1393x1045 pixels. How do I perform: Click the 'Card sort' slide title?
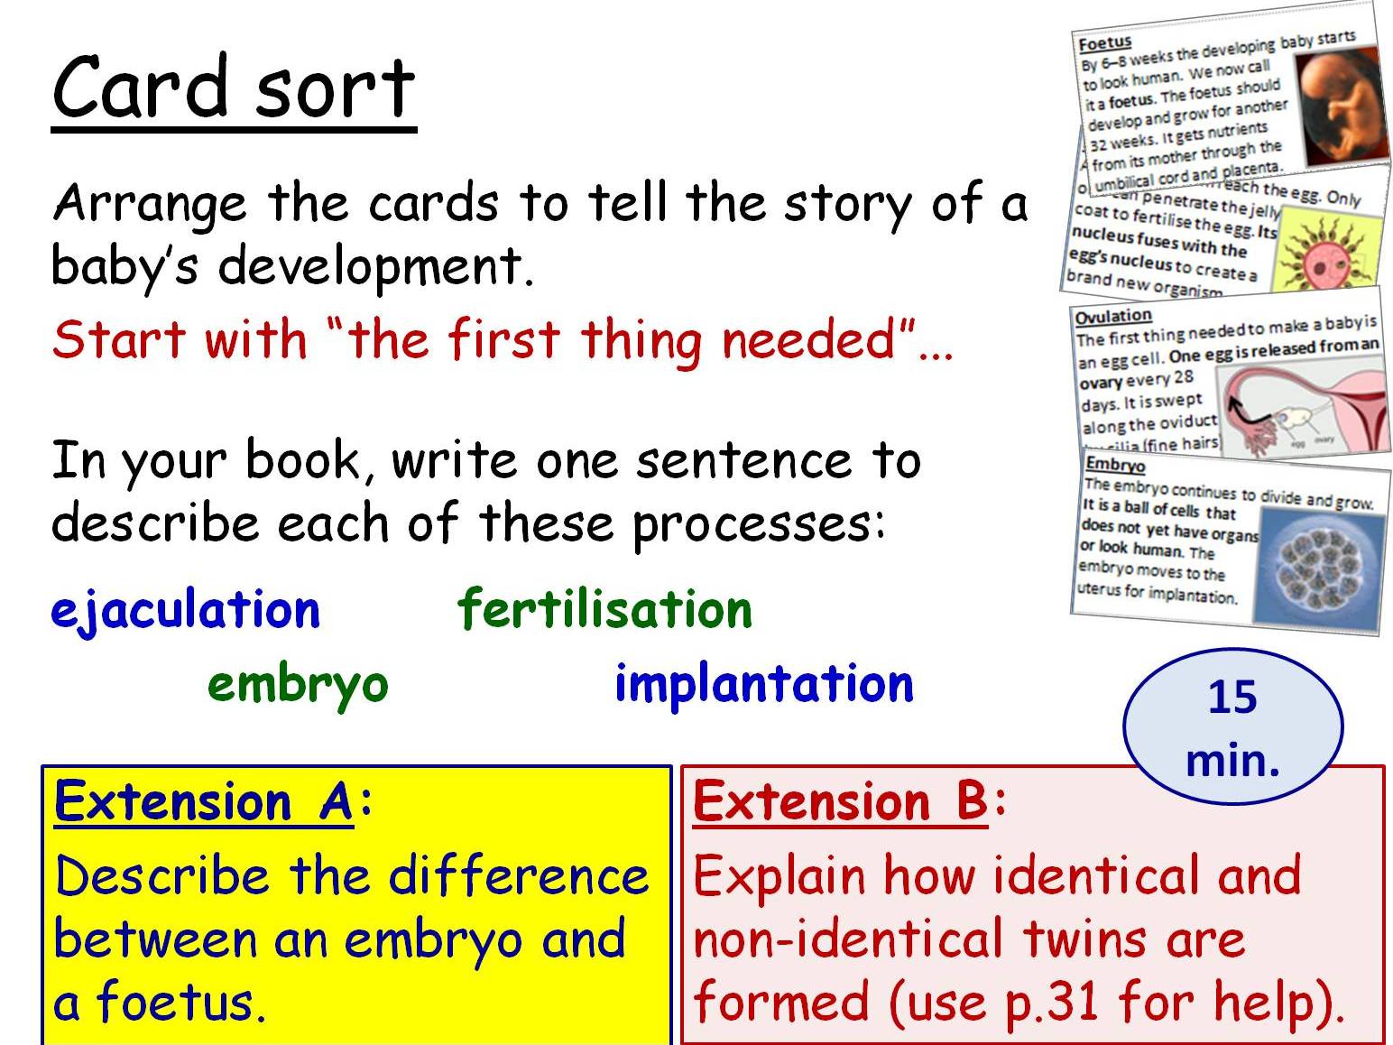tap(234, 88)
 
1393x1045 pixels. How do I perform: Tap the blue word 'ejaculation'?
tap(186, 610)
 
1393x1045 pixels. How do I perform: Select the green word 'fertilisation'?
tap(604, 609)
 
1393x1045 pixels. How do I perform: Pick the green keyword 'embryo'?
tap(298, 684)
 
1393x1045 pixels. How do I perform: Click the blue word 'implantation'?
tap(763, 684)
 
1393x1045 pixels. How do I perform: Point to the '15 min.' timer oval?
tap(1232, 727)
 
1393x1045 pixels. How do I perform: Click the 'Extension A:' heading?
tap(213, 801)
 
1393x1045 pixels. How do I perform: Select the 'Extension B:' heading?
tap(849, 801)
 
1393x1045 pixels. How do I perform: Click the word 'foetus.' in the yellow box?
tap(181, 1002)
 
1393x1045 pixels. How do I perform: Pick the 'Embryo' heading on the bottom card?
tap(1115, 465)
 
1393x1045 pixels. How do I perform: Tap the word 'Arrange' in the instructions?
tap(149, 204)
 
